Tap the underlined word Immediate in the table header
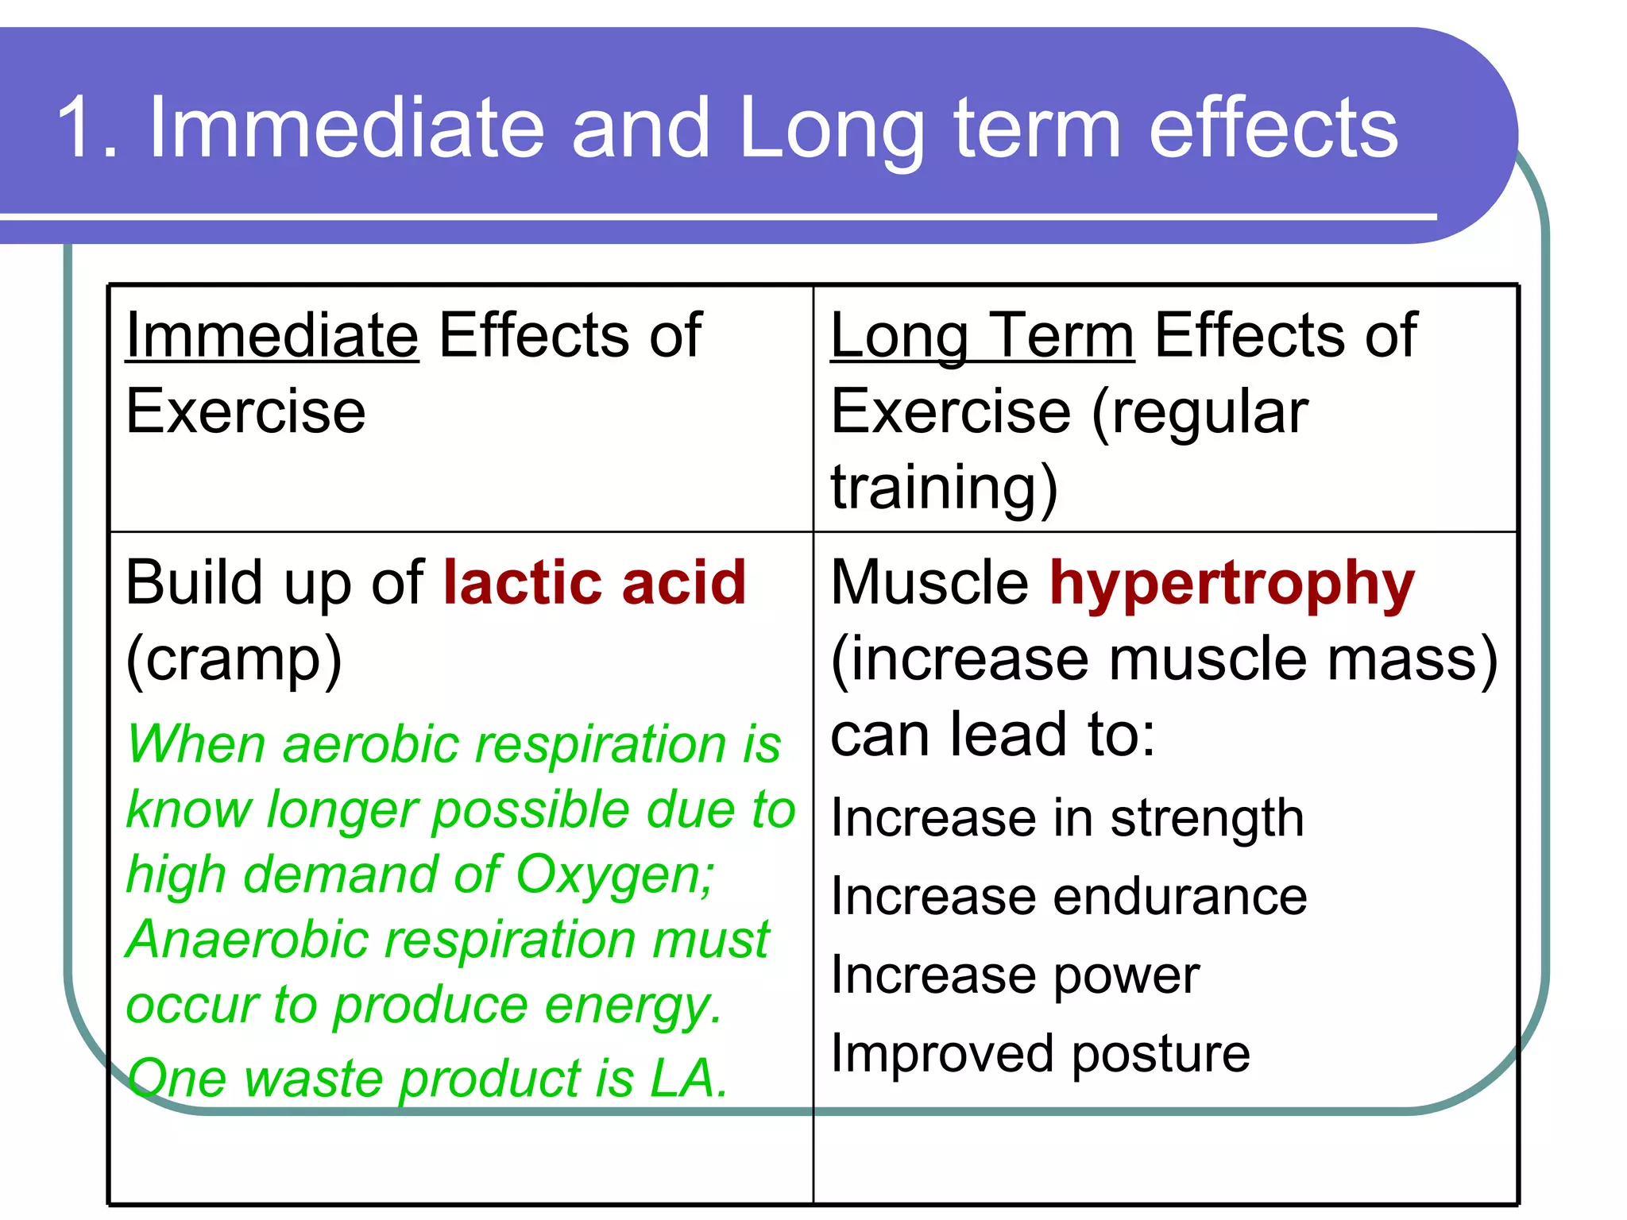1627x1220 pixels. click(272, 335)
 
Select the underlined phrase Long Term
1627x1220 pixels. click(982, 335)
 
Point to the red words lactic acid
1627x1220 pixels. click(594, 582)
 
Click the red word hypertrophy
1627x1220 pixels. click(1231, 584)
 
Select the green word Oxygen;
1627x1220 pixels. click(615, 875)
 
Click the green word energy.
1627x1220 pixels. click(633, 1006)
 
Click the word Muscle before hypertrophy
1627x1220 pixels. click(929, 582)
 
